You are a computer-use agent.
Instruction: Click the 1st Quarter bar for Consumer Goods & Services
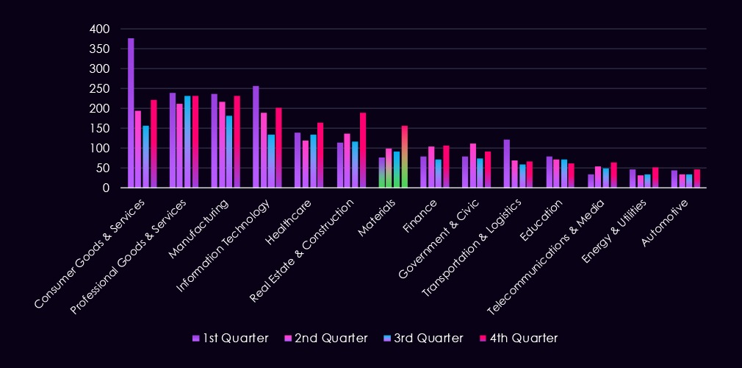pos(131,113)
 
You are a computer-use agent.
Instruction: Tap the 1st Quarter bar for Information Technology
pos(256,137)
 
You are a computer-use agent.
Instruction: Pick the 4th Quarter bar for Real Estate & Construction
pos(363,150)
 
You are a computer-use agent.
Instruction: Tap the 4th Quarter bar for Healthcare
pos(320,155)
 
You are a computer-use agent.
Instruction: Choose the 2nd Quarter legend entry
pos(325,338)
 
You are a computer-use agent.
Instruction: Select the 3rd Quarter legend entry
pos(422,338)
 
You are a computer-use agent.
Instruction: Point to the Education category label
pos(544,220)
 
